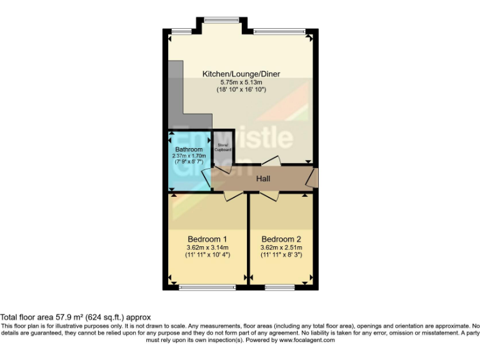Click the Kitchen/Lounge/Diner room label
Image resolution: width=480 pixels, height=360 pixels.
coord(241,74)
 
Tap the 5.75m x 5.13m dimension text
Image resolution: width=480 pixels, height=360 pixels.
coord(241,82)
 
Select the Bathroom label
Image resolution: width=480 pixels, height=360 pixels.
coord(189,149)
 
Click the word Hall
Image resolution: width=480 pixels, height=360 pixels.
coord(263,179)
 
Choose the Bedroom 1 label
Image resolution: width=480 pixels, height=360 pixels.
coord(207,239)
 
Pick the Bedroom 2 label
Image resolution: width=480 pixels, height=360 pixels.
coord(281,239)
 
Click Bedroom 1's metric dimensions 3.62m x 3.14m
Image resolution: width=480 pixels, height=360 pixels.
coord(207,247)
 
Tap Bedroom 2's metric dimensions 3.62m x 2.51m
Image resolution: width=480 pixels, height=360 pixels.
coord(281,247)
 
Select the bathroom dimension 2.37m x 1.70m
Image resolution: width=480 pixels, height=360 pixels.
coord(189,156)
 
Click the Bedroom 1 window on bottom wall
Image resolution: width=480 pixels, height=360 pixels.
coord(198,287)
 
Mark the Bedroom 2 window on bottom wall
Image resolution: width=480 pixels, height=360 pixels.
coord(279,287)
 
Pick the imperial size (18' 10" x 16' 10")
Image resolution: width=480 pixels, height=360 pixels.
coord(241,90)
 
